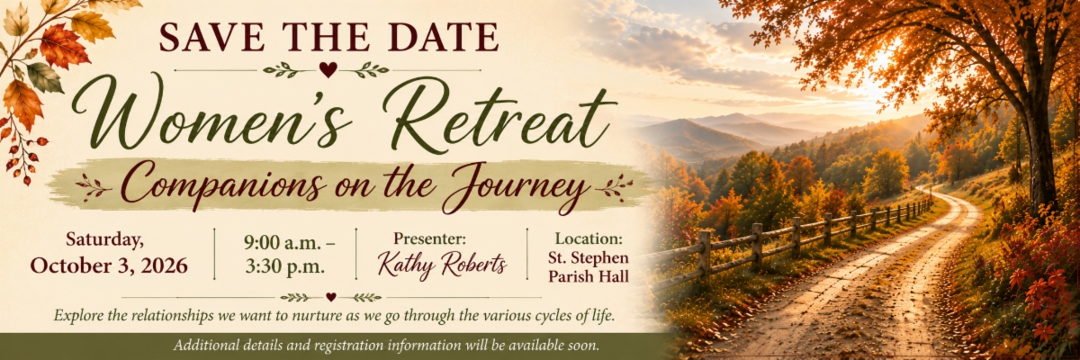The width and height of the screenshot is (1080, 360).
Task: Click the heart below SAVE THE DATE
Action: [328, 69]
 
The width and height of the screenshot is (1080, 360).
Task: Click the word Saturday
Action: [104, 240]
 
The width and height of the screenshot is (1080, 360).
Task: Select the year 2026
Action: [164, 265]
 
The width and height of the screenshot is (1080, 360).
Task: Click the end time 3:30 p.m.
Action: [284, 266]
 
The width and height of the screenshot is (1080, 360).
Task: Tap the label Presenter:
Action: [429, 238]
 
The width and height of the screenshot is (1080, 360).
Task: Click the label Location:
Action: [589, 238]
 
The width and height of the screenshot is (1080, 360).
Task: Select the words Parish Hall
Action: [589, 277]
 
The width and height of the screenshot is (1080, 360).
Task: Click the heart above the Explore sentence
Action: [331, 297]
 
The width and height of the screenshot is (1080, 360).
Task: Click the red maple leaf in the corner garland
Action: [64, 46]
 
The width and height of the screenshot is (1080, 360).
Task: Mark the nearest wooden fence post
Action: [705, 256]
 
